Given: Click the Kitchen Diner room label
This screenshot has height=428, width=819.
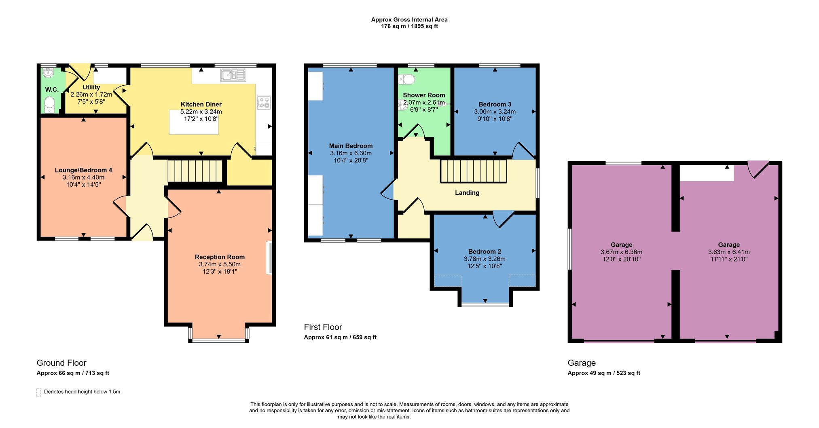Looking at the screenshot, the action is point(201,104).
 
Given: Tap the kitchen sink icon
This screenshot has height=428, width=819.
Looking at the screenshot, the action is point(233,75).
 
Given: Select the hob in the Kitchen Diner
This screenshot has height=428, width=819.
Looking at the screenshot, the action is point(264,103).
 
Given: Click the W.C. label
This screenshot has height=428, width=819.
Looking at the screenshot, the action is point(52,90).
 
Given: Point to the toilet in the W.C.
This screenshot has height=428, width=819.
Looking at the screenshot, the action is point(49,105).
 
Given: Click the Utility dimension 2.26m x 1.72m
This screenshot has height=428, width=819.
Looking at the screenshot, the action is point(91,95).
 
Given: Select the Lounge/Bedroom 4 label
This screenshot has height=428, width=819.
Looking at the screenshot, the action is point(83,170).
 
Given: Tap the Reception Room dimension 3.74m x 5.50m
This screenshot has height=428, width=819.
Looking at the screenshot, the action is point(220,264).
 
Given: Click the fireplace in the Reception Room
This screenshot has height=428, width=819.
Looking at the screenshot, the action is point(269,258).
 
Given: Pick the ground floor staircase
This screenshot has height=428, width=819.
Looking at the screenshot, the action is point(195,171).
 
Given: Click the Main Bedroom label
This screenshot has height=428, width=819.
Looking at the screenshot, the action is point(351,146).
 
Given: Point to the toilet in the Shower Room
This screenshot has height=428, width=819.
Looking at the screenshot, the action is point(407,79).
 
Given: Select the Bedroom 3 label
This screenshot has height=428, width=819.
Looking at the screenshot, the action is point(495,104).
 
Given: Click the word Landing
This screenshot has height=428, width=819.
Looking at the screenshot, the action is point(467,193).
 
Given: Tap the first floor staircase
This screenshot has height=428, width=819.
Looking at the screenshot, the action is point(474,171).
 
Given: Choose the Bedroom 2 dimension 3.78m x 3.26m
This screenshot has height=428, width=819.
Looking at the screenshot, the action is point(485,259).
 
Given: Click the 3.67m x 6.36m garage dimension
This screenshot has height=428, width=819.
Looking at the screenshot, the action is point(621,252).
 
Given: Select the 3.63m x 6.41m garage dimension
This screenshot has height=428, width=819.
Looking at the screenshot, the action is point(729,252).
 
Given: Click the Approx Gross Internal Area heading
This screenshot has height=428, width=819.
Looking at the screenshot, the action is point(409,19).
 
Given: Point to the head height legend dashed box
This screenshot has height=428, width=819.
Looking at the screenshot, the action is point(39,392).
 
